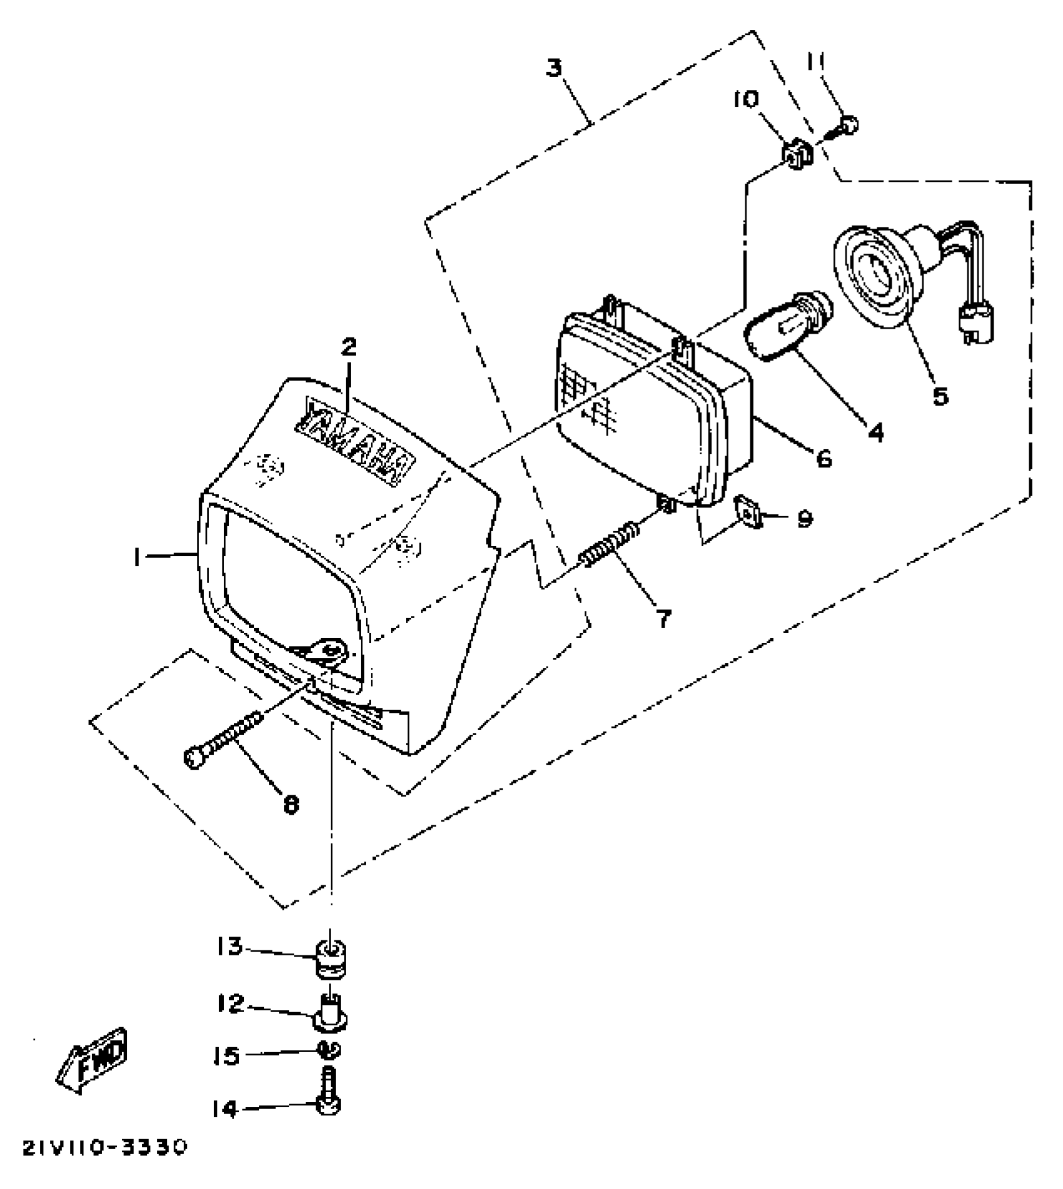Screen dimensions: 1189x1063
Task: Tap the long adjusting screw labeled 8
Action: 222,742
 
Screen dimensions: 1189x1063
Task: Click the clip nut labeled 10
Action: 796,155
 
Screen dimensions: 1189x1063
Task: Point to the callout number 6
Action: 824,459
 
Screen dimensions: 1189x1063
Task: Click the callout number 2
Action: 348,347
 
